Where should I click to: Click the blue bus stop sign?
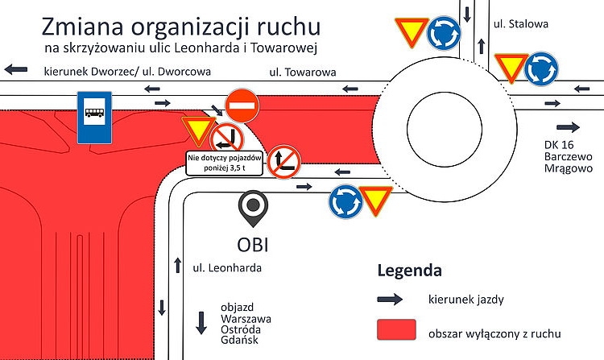coord(94,118)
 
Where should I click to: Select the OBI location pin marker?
coord(253,209)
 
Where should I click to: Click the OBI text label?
coord(254,244)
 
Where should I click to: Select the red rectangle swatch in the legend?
coord(396,329)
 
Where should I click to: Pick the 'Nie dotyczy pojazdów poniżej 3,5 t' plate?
coord(213,163)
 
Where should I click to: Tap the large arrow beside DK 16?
coord(568,127)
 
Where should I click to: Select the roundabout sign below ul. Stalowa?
coord(541,68)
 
